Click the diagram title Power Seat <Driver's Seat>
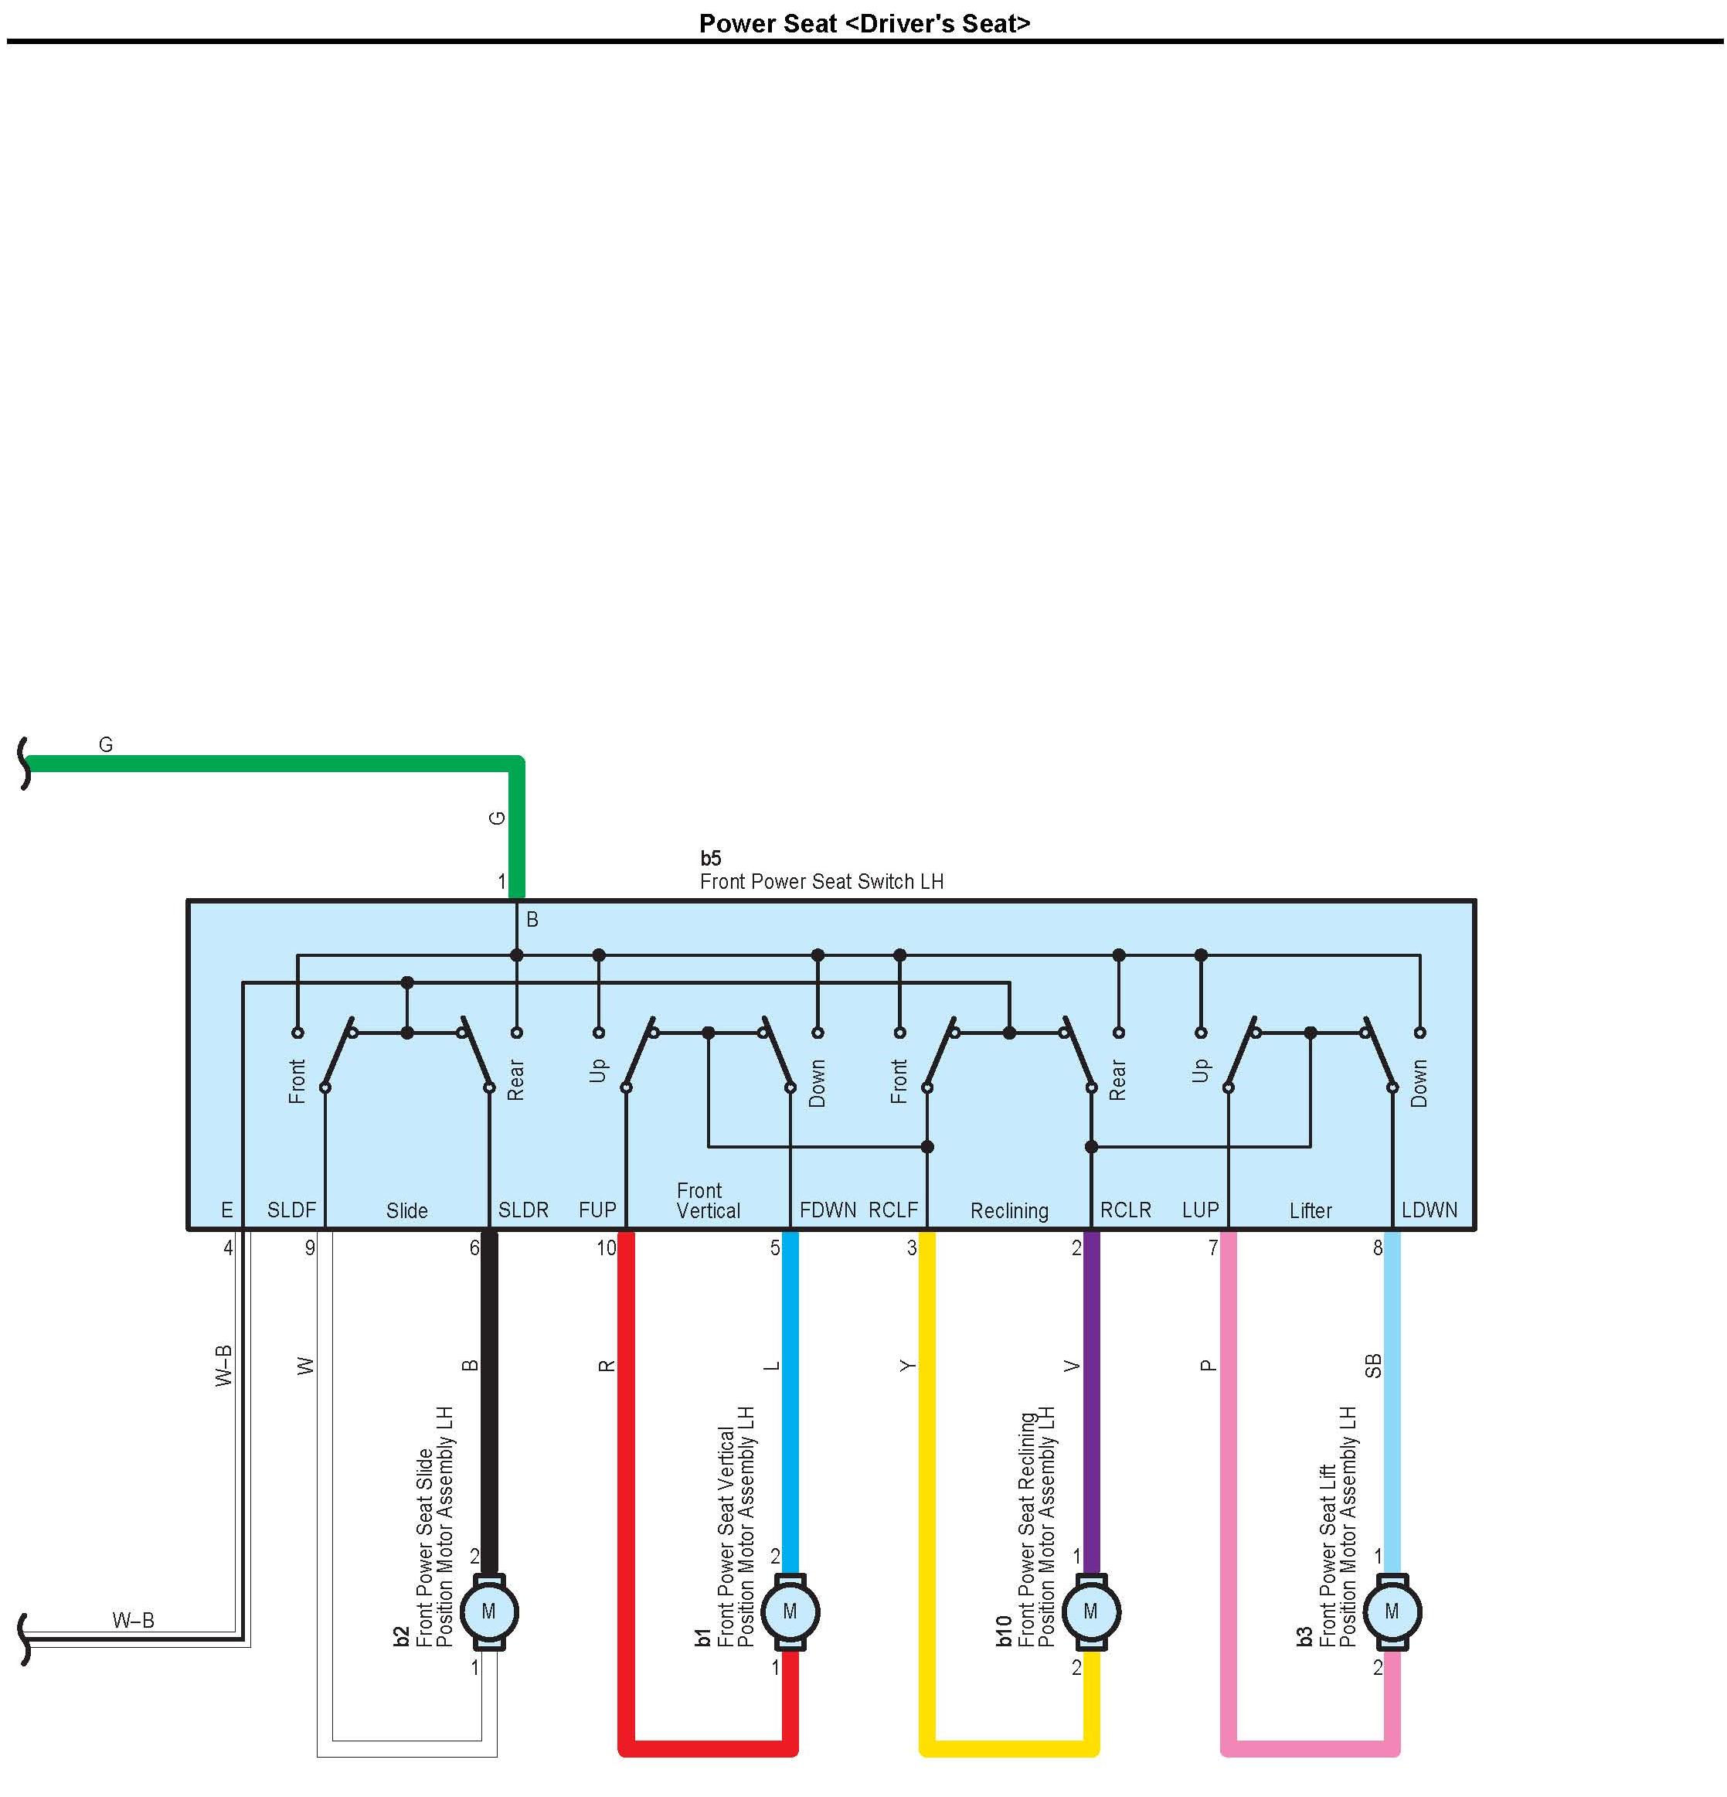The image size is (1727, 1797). point(864,23)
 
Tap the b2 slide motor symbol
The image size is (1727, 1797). point(488,1612)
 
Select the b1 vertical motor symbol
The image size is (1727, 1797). point(789,1612)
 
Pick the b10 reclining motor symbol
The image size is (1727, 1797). point(1090,1612)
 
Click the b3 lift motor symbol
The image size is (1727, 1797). point(1392,1612)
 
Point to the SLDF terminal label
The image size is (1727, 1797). point(291,1210)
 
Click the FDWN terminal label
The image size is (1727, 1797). point(828,1210)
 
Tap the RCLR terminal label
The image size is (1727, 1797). point(1126,1210)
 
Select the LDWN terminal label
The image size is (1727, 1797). point(1429,1210)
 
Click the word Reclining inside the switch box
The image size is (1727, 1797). point(1009,1211)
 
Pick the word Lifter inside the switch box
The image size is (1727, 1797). point(1311,1211)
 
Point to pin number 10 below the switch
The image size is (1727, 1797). point(606,1247)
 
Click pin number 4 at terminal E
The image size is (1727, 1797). point(228,1247)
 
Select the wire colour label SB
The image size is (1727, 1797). point(1373,1366)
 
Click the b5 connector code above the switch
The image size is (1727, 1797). point(710,858)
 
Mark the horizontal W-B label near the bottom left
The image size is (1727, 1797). point(134,1620)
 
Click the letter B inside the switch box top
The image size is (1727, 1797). point(532,919)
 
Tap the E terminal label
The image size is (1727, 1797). point(226,1210)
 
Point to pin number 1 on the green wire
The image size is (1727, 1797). point(501,881)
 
